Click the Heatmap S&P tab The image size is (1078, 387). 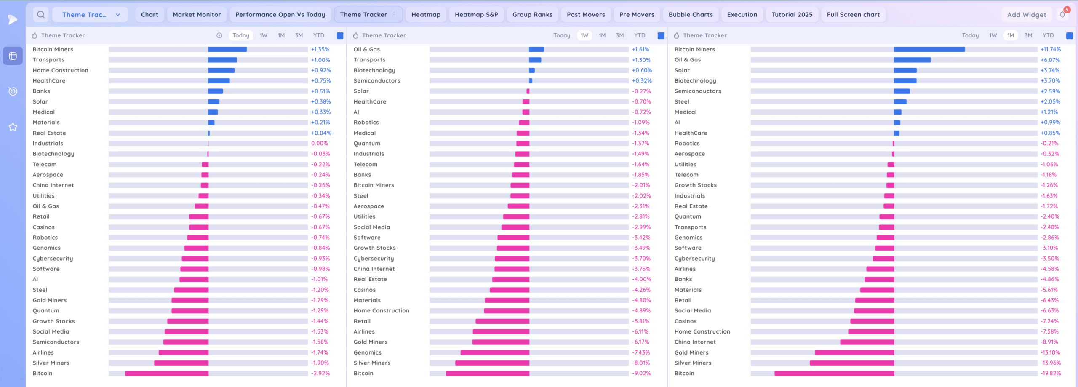coord(476,15)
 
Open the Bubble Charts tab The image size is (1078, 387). coord(691,15)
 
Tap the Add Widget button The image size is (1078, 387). coord(1026,15)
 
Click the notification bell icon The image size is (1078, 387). coord(1062,15)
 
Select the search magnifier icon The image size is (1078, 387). coord(41,15)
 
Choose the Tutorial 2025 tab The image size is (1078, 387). coord(792,15)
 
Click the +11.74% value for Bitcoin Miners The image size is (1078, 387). coord(1050,49)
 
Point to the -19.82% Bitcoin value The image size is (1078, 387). coord(1050,374)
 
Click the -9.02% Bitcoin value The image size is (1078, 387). coord(641,374)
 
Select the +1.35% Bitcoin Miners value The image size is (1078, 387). coord(320,49)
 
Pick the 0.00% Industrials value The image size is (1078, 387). coord(320,144)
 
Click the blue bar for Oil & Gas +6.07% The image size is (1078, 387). coord(912,60)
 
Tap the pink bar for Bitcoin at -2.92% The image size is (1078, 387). coord(167,374)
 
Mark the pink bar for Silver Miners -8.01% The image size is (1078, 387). coord(492,363)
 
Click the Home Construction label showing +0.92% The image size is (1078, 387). coord(61,70)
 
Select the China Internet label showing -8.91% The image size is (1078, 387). coord(695,342)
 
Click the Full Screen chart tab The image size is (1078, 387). coord(853,15)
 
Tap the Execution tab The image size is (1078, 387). coord(742,15)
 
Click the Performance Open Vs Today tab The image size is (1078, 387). coord(280,15)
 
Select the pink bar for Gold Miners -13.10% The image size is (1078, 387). coord(854,352)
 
